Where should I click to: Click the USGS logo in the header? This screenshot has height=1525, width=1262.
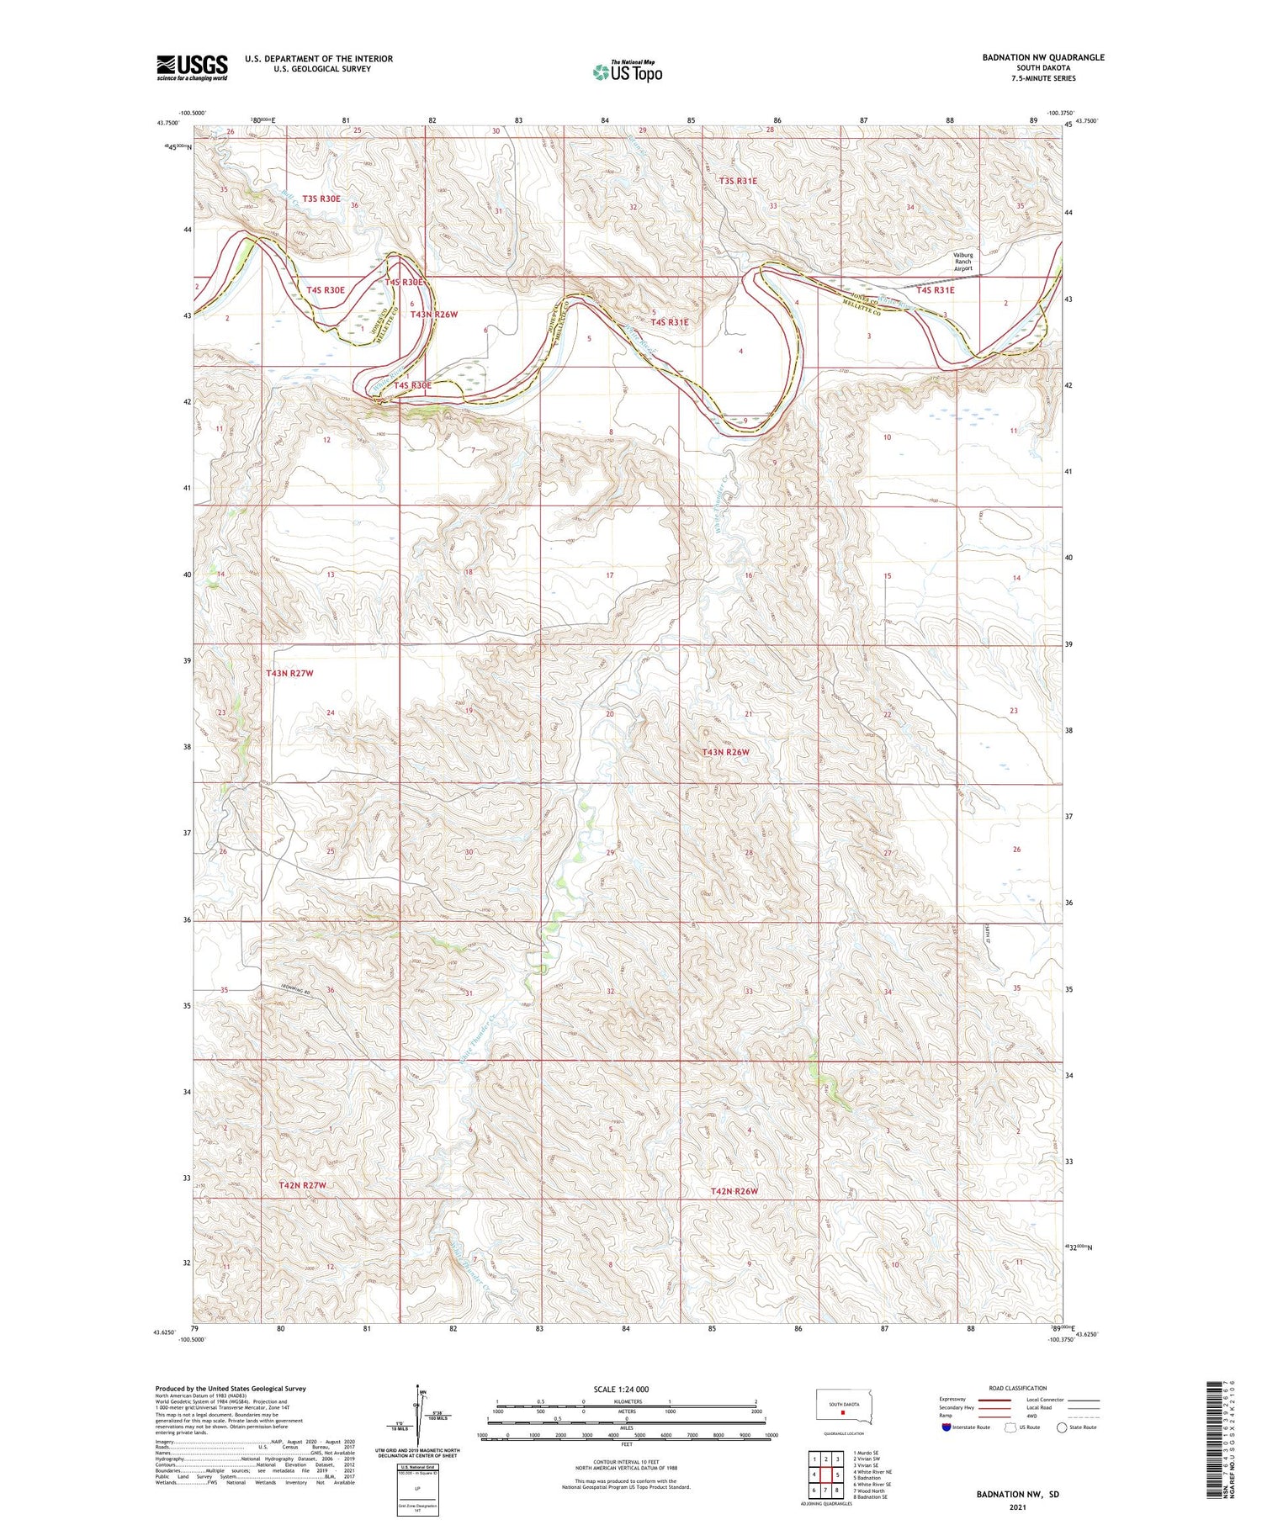click(192, 67)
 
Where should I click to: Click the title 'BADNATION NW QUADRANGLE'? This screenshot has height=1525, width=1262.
click(1043, 57)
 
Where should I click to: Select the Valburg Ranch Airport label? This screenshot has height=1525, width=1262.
click(962, 262)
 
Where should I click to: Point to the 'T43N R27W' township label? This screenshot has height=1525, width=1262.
click(289, 674)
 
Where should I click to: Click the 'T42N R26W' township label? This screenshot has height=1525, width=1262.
click(734, 1192)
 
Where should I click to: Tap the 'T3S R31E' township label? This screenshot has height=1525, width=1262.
click(738, 181)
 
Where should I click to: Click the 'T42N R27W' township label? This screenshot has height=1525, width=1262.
click(301, 1185)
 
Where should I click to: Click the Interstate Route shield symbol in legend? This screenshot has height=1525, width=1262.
click(946, 1427)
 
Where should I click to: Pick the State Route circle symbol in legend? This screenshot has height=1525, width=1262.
click(1062, 1427)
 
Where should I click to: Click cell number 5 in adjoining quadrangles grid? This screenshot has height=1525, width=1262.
click(838, 1475)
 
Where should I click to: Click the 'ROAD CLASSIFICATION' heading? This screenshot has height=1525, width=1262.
click(1018, 1388)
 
